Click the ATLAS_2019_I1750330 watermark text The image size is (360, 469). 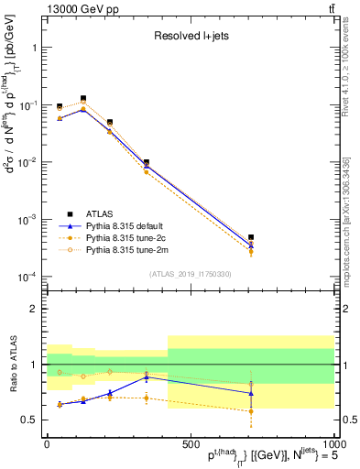point(190,274)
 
